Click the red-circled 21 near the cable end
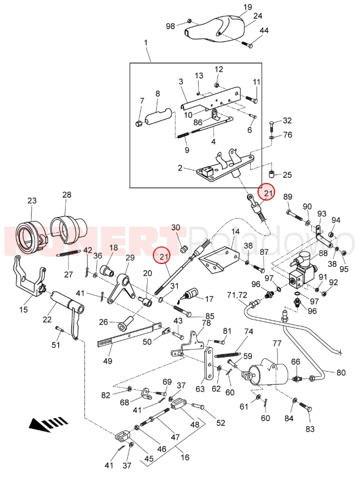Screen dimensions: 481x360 pos(266,194)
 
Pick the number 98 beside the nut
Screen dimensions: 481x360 pos(170,26)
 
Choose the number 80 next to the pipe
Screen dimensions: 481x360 pos(341,372)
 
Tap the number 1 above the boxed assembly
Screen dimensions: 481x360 pos(145,43)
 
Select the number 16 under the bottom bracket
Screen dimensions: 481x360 pos(184,458)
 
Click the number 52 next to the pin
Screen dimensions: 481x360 pos(220,423)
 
